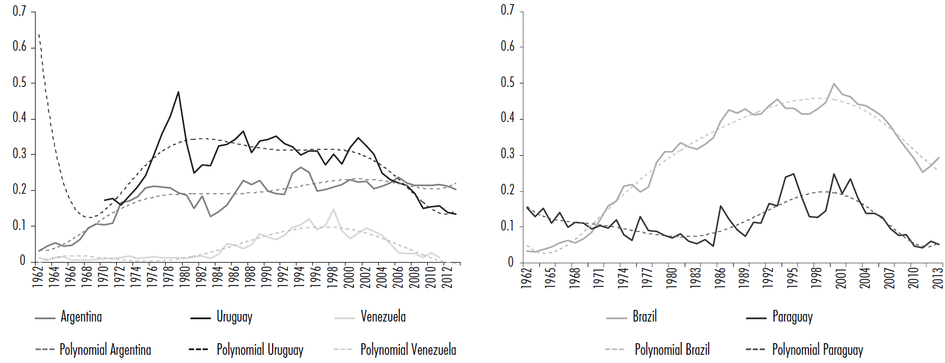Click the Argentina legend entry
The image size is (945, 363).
81,317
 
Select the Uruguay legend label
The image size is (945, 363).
234,317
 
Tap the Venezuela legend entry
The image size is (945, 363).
383,317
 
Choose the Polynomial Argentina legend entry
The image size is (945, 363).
105,350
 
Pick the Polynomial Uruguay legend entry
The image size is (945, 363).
260,350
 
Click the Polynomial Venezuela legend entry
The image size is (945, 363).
408,350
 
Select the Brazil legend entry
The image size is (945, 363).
644,317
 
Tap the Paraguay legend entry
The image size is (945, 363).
792,317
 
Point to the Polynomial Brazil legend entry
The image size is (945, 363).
672,350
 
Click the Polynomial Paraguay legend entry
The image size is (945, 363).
817,350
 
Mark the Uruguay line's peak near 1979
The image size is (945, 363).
178,92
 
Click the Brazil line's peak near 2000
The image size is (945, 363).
834,83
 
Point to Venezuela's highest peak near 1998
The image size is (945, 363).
333,209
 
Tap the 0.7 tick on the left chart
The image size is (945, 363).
19,11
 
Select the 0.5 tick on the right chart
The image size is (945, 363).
507,82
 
